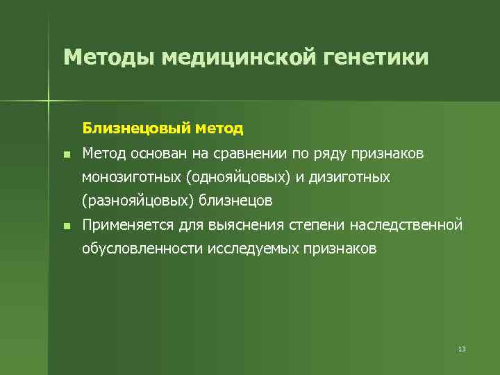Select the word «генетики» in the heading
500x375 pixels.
coord(376,57)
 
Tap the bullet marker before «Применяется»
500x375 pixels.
coord(65,226)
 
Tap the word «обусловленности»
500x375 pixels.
coord(142,249)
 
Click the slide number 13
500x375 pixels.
coord(462,349)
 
